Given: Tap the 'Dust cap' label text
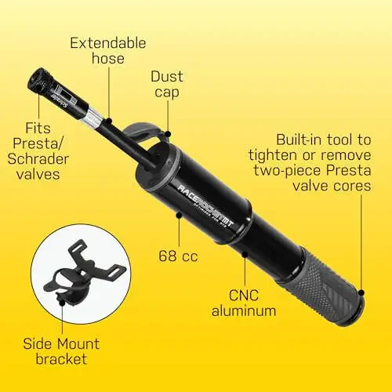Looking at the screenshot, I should [x=168, y=84].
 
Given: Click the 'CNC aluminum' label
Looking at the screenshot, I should [x=245, y=302].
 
